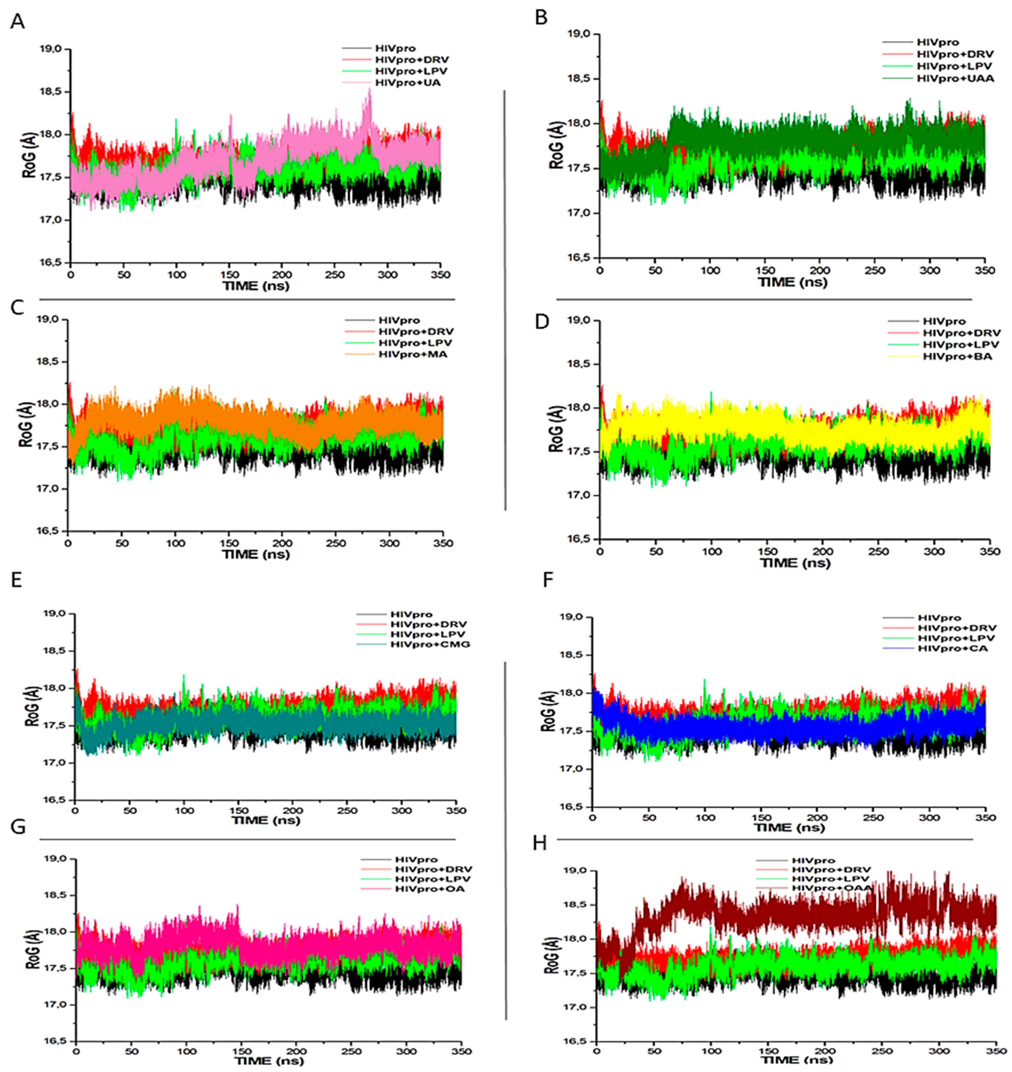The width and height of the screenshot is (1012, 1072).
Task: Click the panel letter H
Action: (539, 843)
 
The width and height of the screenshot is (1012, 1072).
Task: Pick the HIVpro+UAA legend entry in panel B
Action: (955, 78)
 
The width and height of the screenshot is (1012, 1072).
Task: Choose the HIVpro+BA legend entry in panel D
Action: (957, 356)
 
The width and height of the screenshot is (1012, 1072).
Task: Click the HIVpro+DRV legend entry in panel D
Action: (961, 333)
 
